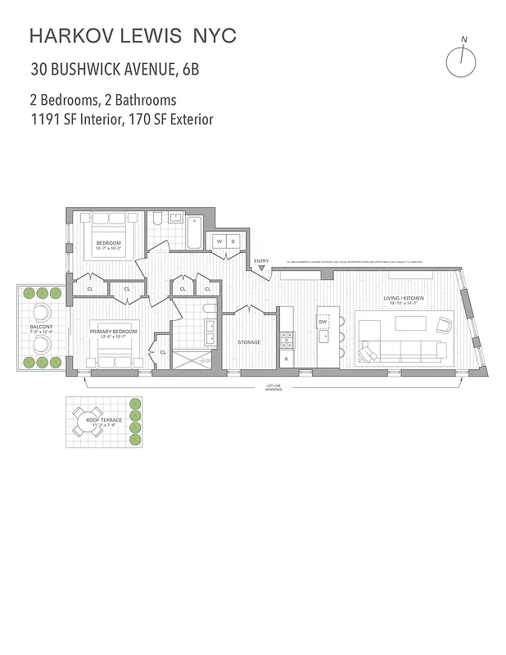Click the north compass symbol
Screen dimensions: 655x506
coord(461,61)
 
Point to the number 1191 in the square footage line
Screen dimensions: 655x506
coord(45,120)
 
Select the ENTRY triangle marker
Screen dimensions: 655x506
coord(261,268)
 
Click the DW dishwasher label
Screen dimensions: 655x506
coord(323,322)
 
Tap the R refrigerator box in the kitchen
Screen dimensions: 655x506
coord(287,359)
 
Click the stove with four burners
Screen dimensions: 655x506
coord(287,340)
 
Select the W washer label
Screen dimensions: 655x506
coord(219,242)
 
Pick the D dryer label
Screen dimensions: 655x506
coord(233,242)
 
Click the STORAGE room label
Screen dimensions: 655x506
coord(249,342)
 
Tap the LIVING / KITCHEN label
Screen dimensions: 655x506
coord(404,299)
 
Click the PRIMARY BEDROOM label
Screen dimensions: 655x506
coord(114,331)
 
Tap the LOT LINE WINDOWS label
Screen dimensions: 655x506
coord(273,387)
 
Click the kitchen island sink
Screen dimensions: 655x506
coord(326,337)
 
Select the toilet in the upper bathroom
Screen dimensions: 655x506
coord(158,221)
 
